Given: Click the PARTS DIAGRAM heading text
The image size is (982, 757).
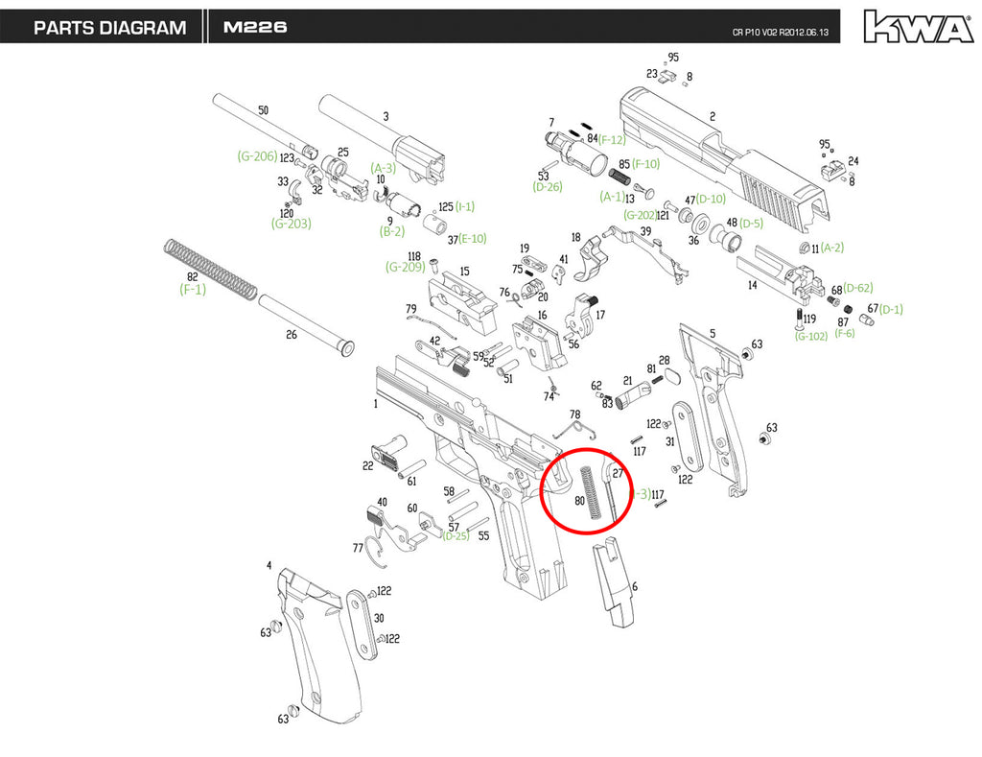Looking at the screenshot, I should (109, 28).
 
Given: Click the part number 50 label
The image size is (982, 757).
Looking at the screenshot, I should (264, 110).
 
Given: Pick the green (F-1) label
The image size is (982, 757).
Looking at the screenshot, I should (193, 288).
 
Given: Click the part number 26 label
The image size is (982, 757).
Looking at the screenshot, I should (292, 335).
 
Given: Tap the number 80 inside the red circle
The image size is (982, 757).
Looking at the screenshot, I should (579, 501).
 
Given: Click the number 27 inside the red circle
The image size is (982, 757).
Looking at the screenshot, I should (619, 473).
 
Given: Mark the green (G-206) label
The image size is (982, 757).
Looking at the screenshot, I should (257, 155).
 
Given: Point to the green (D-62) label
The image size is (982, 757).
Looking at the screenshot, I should (858, 288).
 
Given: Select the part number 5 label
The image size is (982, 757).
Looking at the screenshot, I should (713, 334).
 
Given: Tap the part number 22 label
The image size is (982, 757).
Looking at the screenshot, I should (367, 466).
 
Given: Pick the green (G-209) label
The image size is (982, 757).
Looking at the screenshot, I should (405, 267).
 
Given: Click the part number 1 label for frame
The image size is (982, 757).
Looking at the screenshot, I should (375, 405).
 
